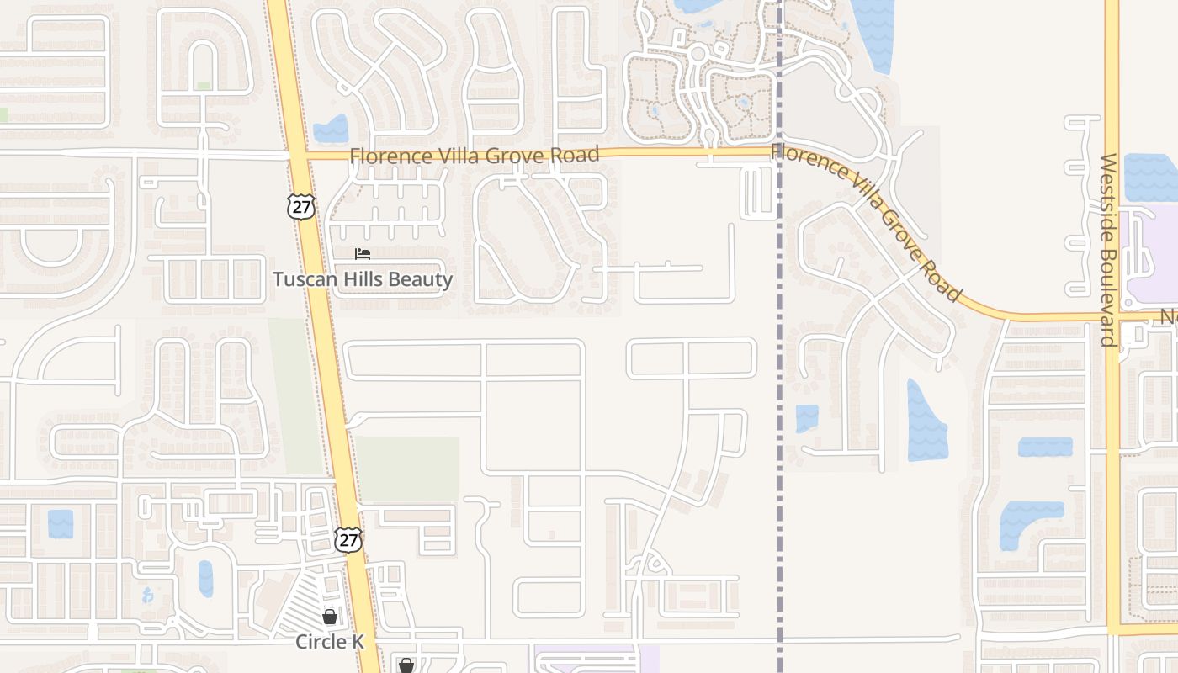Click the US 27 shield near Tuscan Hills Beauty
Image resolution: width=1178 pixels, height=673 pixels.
300,206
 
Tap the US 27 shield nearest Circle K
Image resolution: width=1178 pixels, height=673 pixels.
348,539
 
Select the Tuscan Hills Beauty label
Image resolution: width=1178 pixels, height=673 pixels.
363,279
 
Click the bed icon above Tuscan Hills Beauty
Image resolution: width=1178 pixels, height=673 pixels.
363,253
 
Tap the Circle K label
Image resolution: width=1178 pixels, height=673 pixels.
330,642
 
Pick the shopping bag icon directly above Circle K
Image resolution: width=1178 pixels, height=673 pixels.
330,617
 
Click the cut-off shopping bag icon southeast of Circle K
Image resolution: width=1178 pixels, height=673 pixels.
406,666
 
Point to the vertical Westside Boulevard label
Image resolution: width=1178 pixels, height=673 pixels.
1109,250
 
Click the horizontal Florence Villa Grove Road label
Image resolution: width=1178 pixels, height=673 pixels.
475,156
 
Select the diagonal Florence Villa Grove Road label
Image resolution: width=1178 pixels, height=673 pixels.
867,221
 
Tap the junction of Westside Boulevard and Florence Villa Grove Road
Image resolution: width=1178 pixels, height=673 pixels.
1112,318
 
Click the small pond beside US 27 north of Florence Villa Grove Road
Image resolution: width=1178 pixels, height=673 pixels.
331,129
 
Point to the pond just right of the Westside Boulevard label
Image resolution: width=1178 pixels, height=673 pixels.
1150,178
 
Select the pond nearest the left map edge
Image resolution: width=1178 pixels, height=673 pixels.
61,523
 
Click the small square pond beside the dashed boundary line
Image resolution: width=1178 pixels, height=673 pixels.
807,418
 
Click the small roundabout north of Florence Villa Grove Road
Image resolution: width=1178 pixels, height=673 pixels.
698,54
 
